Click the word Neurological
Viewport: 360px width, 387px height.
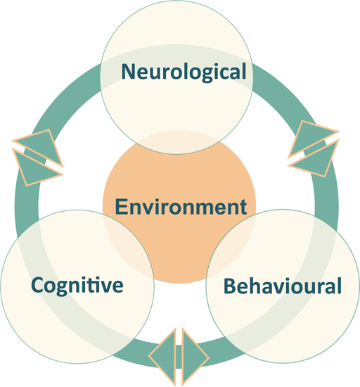pyautogui.click(x=184, y=71)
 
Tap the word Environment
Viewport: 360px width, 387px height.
pyautogui.click(x=181, y=207)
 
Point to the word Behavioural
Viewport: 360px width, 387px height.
pyautogui.click(x=282, y=286)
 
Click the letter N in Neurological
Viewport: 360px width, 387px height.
pyautogui.click(x=129, y=71)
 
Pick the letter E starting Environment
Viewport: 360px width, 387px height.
pyautogui.click(x=120, y=207)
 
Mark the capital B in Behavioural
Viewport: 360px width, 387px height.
pyautogui.click(x=229, y=286)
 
